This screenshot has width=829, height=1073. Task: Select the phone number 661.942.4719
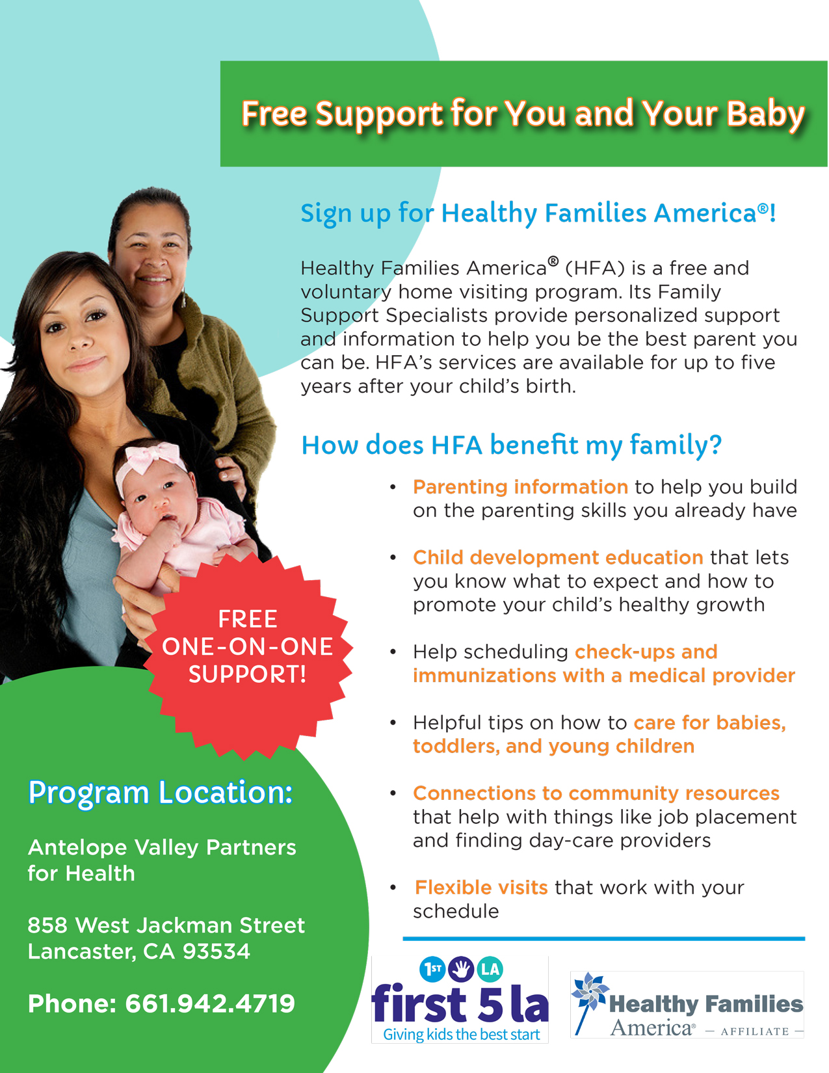(x=210, y=1004)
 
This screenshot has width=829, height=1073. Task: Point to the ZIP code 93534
(x=217, y=951)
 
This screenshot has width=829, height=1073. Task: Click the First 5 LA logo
(x=460, y=1000)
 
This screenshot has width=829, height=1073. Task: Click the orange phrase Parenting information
(x=520, y=487)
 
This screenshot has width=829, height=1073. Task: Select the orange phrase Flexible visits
(x=481, y=887)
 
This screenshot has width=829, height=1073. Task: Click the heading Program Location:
(x=161, y=793)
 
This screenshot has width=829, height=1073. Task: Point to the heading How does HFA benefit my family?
(x=512, y=445)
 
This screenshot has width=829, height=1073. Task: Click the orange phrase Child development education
(x=558, y=557)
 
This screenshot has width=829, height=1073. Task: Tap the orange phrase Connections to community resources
(x=596, y=793)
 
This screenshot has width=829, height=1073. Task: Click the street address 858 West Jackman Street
(x=166, y=925)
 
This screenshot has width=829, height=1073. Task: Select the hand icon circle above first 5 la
(x=461, y=970)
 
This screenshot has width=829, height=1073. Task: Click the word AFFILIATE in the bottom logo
(x=755, y=1031)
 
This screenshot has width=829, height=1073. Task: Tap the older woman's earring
(x=184, y=298)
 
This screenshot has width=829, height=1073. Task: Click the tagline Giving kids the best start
(x=462, y=1034)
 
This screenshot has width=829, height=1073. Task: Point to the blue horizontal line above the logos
(x=604, y=938)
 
